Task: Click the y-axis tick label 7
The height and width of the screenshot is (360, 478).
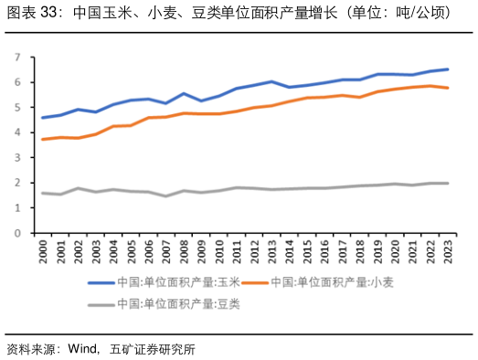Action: (x=17, y=58)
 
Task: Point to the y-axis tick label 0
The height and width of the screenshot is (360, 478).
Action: (x=17, y=233)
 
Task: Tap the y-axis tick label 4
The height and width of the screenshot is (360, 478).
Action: (x=17, y=132)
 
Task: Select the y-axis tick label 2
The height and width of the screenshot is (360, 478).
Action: (x=17, y=183)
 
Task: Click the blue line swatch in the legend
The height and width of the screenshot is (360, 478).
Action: (x=101, y=282)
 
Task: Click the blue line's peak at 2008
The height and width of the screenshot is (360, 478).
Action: (x=184, y=93)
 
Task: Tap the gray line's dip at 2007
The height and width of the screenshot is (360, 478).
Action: (x=166, y=196)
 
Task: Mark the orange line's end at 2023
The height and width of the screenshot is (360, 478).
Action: (x=447, y=88)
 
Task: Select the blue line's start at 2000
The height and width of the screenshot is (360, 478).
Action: (x=43, y=117)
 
